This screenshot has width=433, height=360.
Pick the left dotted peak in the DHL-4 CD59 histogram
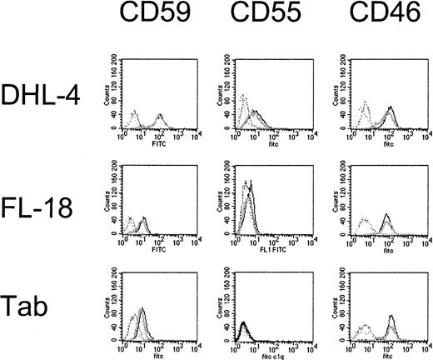tap(133, 115)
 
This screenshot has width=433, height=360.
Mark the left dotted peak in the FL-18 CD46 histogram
tap(366, 223)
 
